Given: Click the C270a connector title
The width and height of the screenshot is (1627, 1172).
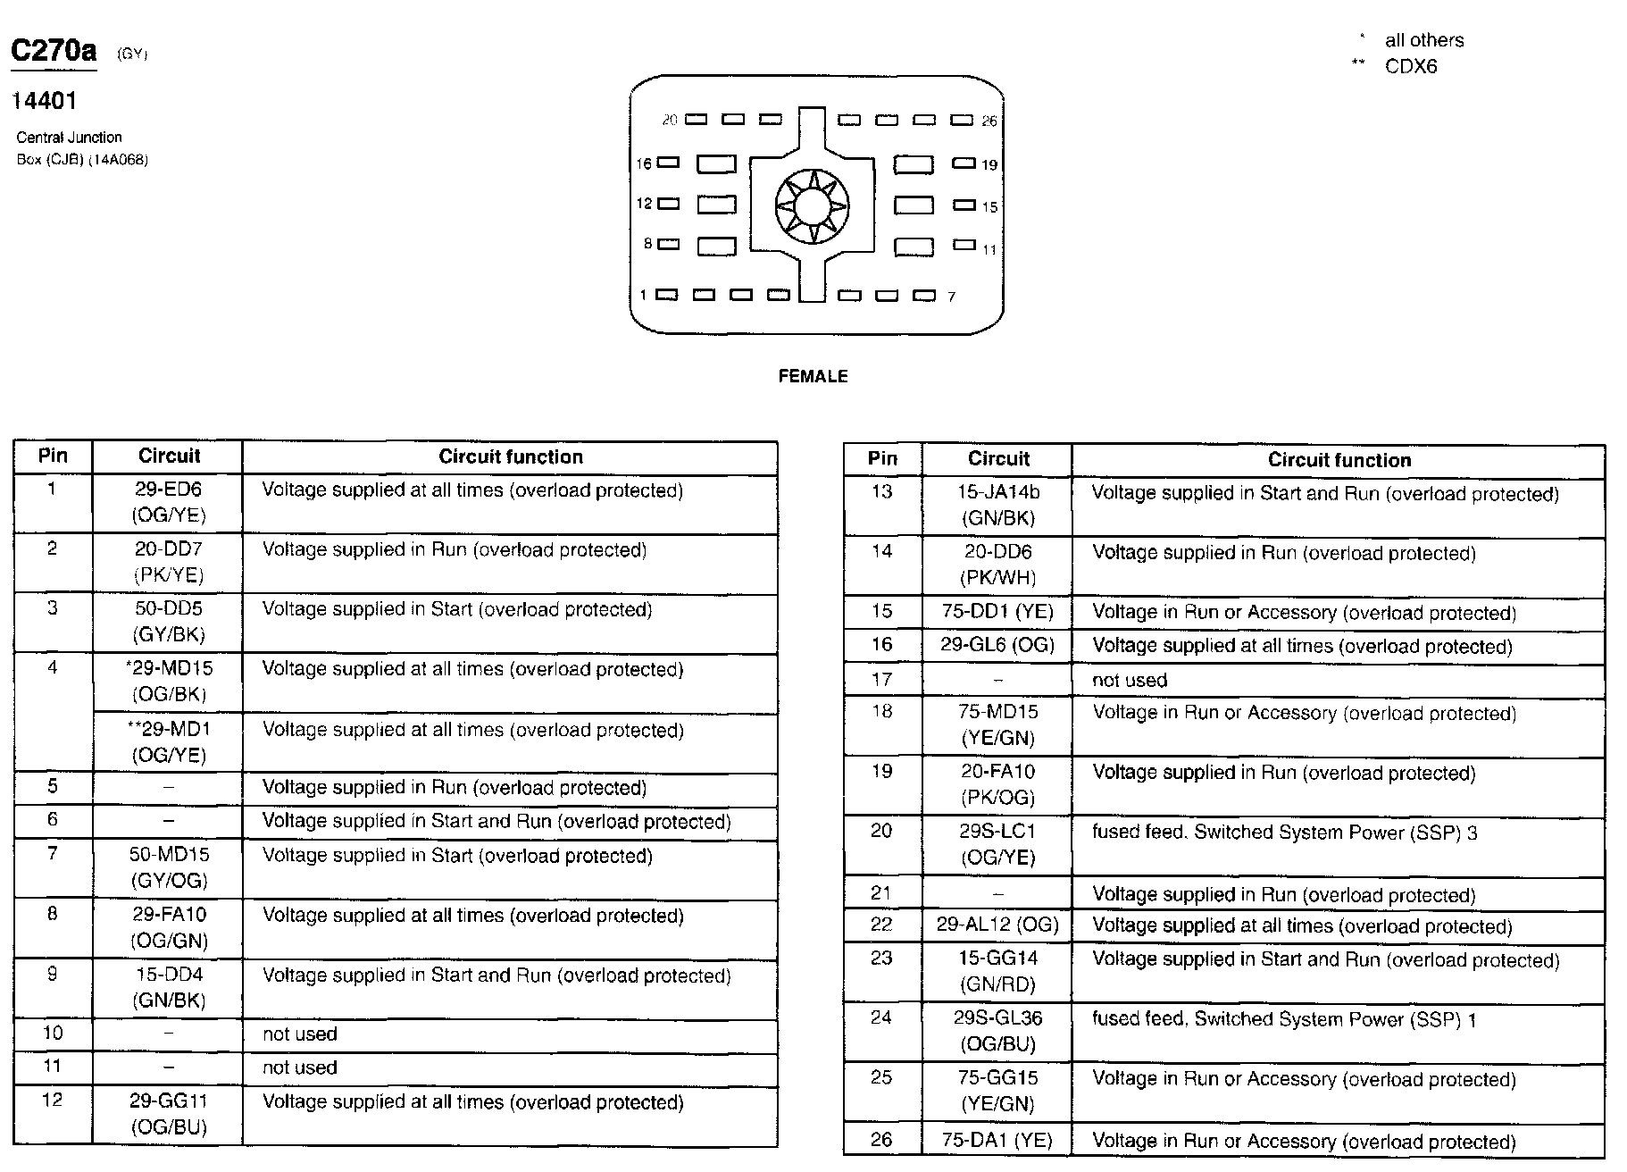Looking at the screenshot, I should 54,51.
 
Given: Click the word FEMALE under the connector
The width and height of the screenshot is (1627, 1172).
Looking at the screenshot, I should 813,376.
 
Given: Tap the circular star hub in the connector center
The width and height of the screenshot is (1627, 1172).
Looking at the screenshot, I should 812,206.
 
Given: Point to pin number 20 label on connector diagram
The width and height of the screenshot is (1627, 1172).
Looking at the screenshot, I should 670,120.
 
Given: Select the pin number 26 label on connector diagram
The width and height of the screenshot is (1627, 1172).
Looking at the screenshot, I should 989,121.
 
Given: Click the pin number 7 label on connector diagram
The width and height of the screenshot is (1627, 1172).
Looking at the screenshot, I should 952,297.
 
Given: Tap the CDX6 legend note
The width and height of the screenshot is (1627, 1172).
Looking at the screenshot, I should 1410,67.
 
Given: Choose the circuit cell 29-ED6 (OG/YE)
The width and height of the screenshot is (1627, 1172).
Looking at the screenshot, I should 168,502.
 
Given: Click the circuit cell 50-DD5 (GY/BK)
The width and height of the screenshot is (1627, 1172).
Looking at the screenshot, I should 168,622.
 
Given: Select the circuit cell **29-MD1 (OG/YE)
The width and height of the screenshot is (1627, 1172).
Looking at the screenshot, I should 168,741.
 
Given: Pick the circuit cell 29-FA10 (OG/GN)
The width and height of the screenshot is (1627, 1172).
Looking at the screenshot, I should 168,927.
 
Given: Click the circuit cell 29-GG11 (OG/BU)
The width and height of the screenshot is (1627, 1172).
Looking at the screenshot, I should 168,1114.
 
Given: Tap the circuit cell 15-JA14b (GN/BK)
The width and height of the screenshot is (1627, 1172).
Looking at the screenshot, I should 997,505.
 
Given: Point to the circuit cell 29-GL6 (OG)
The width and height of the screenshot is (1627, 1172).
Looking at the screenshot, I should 997,645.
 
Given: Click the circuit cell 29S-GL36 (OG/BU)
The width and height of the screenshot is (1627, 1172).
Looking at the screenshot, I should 997,1030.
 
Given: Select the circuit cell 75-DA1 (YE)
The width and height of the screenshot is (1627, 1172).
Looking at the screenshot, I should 997,1140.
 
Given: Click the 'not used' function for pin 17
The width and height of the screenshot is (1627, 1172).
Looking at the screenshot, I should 1129,680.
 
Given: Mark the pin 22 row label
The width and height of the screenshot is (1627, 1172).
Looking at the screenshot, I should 881,925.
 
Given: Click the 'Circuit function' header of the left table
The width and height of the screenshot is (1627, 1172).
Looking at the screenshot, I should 510,456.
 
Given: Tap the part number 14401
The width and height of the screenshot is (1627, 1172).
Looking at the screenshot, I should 44,101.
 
